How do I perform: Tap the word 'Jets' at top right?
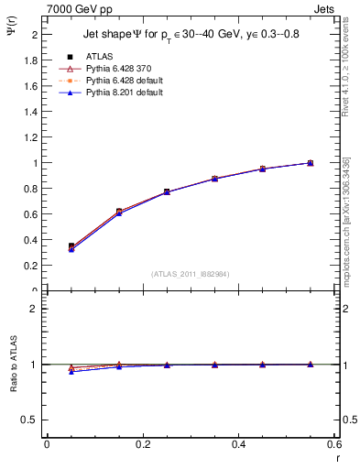click(322, 8)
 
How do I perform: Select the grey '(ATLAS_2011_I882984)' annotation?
click(191, 274)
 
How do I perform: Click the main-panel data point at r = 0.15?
click(119, 212)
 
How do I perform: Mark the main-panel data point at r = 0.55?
click(311, 163)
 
